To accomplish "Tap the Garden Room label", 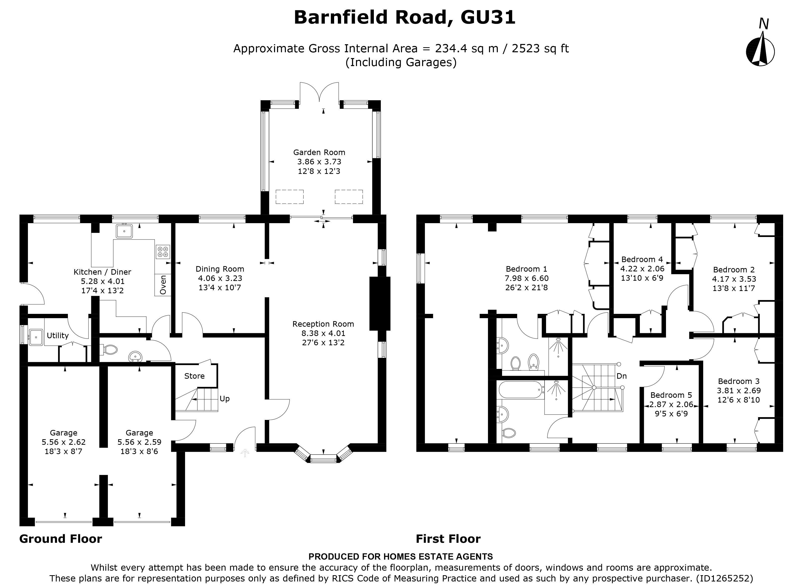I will point(319,153).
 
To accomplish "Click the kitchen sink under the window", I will point(124,231).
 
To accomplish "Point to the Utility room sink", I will point(36,337).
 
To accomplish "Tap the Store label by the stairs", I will point(194,376).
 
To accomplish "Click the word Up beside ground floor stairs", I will point(224,399).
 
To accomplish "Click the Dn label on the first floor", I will point(621,376).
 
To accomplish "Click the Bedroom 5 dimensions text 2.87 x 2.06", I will point(671,404).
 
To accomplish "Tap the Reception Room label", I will point(323,324).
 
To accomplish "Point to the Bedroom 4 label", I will point(642,259).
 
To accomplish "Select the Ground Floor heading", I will point(60,539).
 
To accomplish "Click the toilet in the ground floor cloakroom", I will point(110,350).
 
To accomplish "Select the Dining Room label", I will point(220,269).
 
